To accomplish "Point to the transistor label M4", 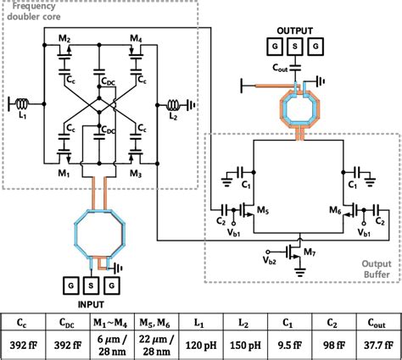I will [135, 40].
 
